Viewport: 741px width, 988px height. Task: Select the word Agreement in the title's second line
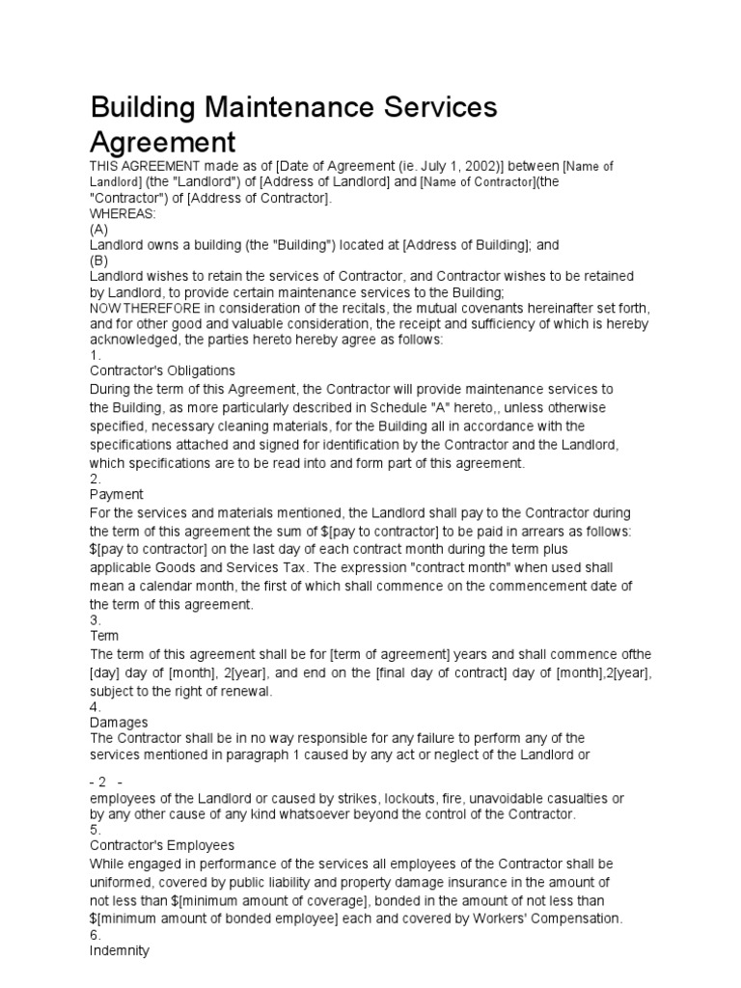(x=162, y=143)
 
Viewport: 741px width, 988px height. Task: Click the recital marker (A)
(x=99, y=230)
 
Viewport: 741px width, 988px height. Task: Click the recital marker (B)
(x=99, y=261)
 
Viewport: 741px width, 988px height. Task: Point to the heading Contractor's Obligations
(x=162, y=370)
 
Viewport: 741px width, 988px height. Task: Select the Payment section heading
(x=116, y=495)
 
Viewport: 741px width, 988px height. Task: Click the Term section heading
(x=104, y=636)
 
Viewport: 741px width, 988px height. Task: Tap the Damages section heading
(x=119, y=722)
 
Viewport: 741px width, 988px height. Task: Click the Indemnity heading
(x=119, y=951)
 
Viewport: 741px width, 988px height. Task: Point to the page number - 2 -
(x=109, y=782)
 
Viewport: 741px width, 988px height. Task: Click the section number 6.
(x=95, y=935)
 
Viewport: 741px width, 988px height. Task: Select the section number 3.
(x=95, y=619)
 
